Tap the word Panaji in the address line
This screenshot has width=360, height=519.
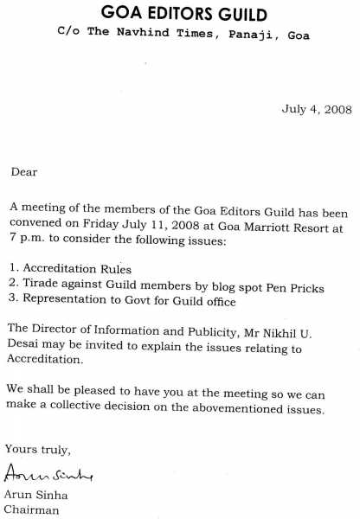[235, 36]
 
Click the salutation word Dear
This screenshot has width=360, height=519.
[24, 171]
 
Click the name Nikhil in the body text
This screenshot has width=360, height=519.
[290, 333]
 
